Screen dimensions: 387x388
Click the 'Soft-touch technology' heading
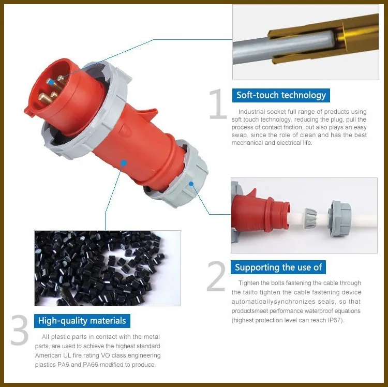point(281,95)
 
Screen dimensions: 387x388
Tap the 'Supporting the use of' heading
point(278,267)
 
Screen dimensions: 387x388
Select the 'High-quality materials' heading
point(82,320)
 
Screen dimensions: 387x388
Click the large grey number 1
point(218,105)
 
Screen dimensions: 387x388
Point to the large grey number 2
point(216,277)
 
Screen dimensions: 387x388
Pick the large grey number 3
point(19,331)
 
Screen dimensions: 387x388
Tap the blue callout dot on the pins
point(50,81)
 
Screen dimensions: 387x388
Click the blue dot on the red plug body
point(123,162)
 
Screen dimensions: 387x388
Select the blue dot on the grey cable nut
point(191,183)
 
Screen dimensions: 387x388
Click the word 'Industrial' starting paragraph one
point(251,112)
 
